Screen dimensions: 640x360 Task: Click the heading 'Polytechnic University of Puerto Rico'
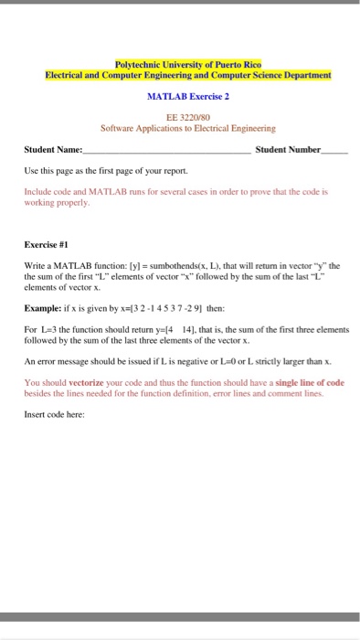(188, 64)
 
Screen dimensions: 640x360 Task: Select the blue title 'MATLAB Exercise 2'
(188, 95)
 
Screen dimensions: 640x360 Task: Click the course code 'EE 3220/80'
(187, 118)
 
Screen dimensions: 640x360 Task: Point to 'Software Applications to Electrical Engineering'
(188, 129)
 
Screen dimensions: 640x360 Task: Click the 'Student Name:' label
(53, 148)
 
